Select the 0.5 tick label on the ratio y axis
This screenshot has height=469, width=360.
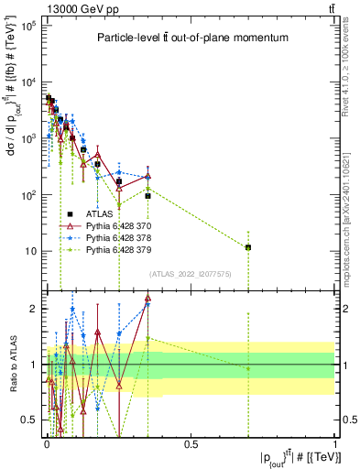pos(30,420)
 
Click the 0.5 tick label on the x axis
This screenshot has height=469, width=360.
pos(191,444)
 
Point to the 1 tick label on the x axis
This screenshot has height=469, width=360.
pos(335,444)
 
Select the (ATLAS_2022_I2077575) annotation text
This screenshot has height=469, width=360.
pos(190,273)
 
